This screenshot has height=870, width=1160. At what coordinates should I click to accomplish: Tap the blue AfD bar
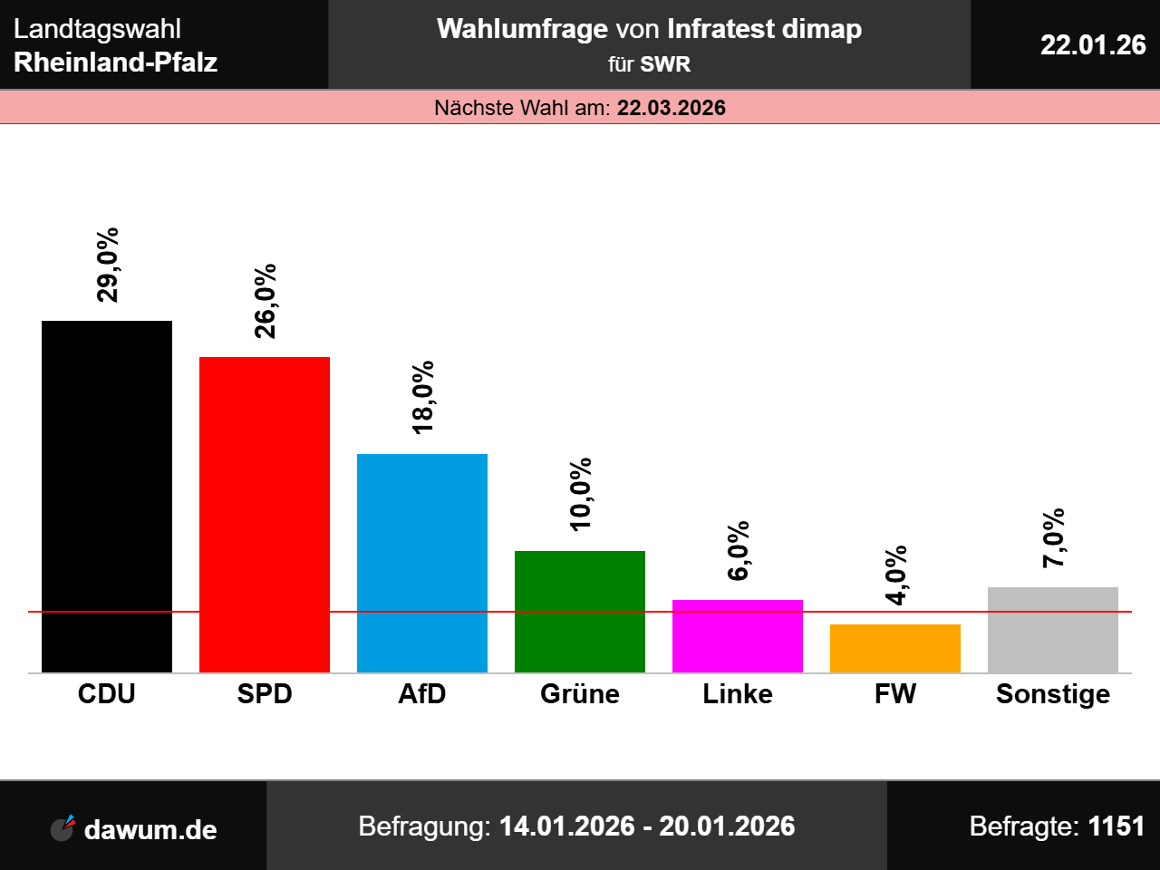click(x=422, y=563)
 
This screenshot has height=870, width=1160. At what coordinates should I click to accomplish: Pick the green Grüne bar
click(x=580, y=612)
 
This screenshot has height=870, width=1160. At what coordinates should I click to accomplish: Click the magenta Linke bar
click(x=738, y=636)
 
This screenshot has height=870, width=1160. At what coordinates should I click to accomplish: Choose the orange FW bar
click(x=895, y=648)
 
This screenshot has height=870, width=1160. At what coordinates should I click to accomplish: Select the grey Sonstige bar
click(x=1053, y=630)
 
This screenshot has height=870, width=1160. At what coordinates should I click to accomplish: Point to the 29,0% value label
click(x=108, y=265)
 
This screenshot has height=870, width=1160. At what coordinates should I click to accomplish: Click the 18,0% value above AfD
click(x=423, y=398)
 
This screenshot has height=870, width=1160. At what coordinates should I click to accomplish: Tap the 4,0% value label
click(x=896, y=575)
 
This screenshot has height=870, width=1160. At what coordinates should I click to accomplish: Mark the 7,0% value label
click(x=1054, y=538)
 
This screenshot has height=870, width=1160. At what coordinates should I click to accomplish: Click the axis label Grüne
click(x=580, y=694)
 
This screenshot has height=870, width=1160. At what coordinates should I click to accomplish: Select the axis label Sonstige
click(x=1053, y=694)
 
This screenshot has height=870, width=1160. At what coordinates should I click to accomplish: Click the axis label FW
click(x=895, y=694)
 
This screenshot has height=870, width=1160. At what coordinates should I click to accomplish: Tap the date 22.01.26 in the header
click(x=1093, y=44)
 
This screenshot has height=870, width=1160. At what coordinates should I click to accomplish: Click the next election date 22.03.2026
click(x=672, y=108)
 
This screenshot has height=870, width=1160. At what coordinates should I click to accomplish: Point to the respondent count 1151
click(x=1116, y=826)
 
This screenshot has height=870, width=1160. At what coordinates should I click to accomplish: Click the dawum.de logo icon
click(x=63, y=828)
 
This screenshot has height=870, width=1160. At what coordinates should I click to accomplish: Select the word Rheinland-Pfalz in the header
click(x=116, y=63)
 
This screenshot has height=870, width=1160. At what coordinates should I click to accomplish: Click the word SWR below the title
click(x=665, y=64)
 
